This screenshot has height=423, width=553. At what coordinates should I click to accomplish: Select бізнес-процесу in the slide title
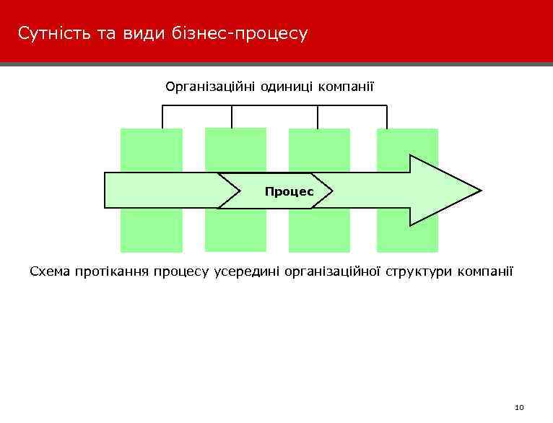coord(240,34)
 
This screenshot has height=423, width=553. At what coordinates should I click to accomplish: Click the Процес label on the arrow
coord(289,191)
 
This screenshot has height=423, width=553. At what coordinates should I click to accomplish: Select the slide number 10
coord(519,408)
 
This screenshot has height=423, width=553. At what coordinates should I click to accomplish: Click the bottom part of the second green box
coord(235,231)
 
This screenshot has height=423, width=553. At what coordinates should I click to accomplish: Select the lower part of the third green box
coord(319,231)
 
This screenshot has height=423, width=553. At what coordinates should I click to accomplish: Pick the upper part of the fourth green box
coord(407,144)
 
